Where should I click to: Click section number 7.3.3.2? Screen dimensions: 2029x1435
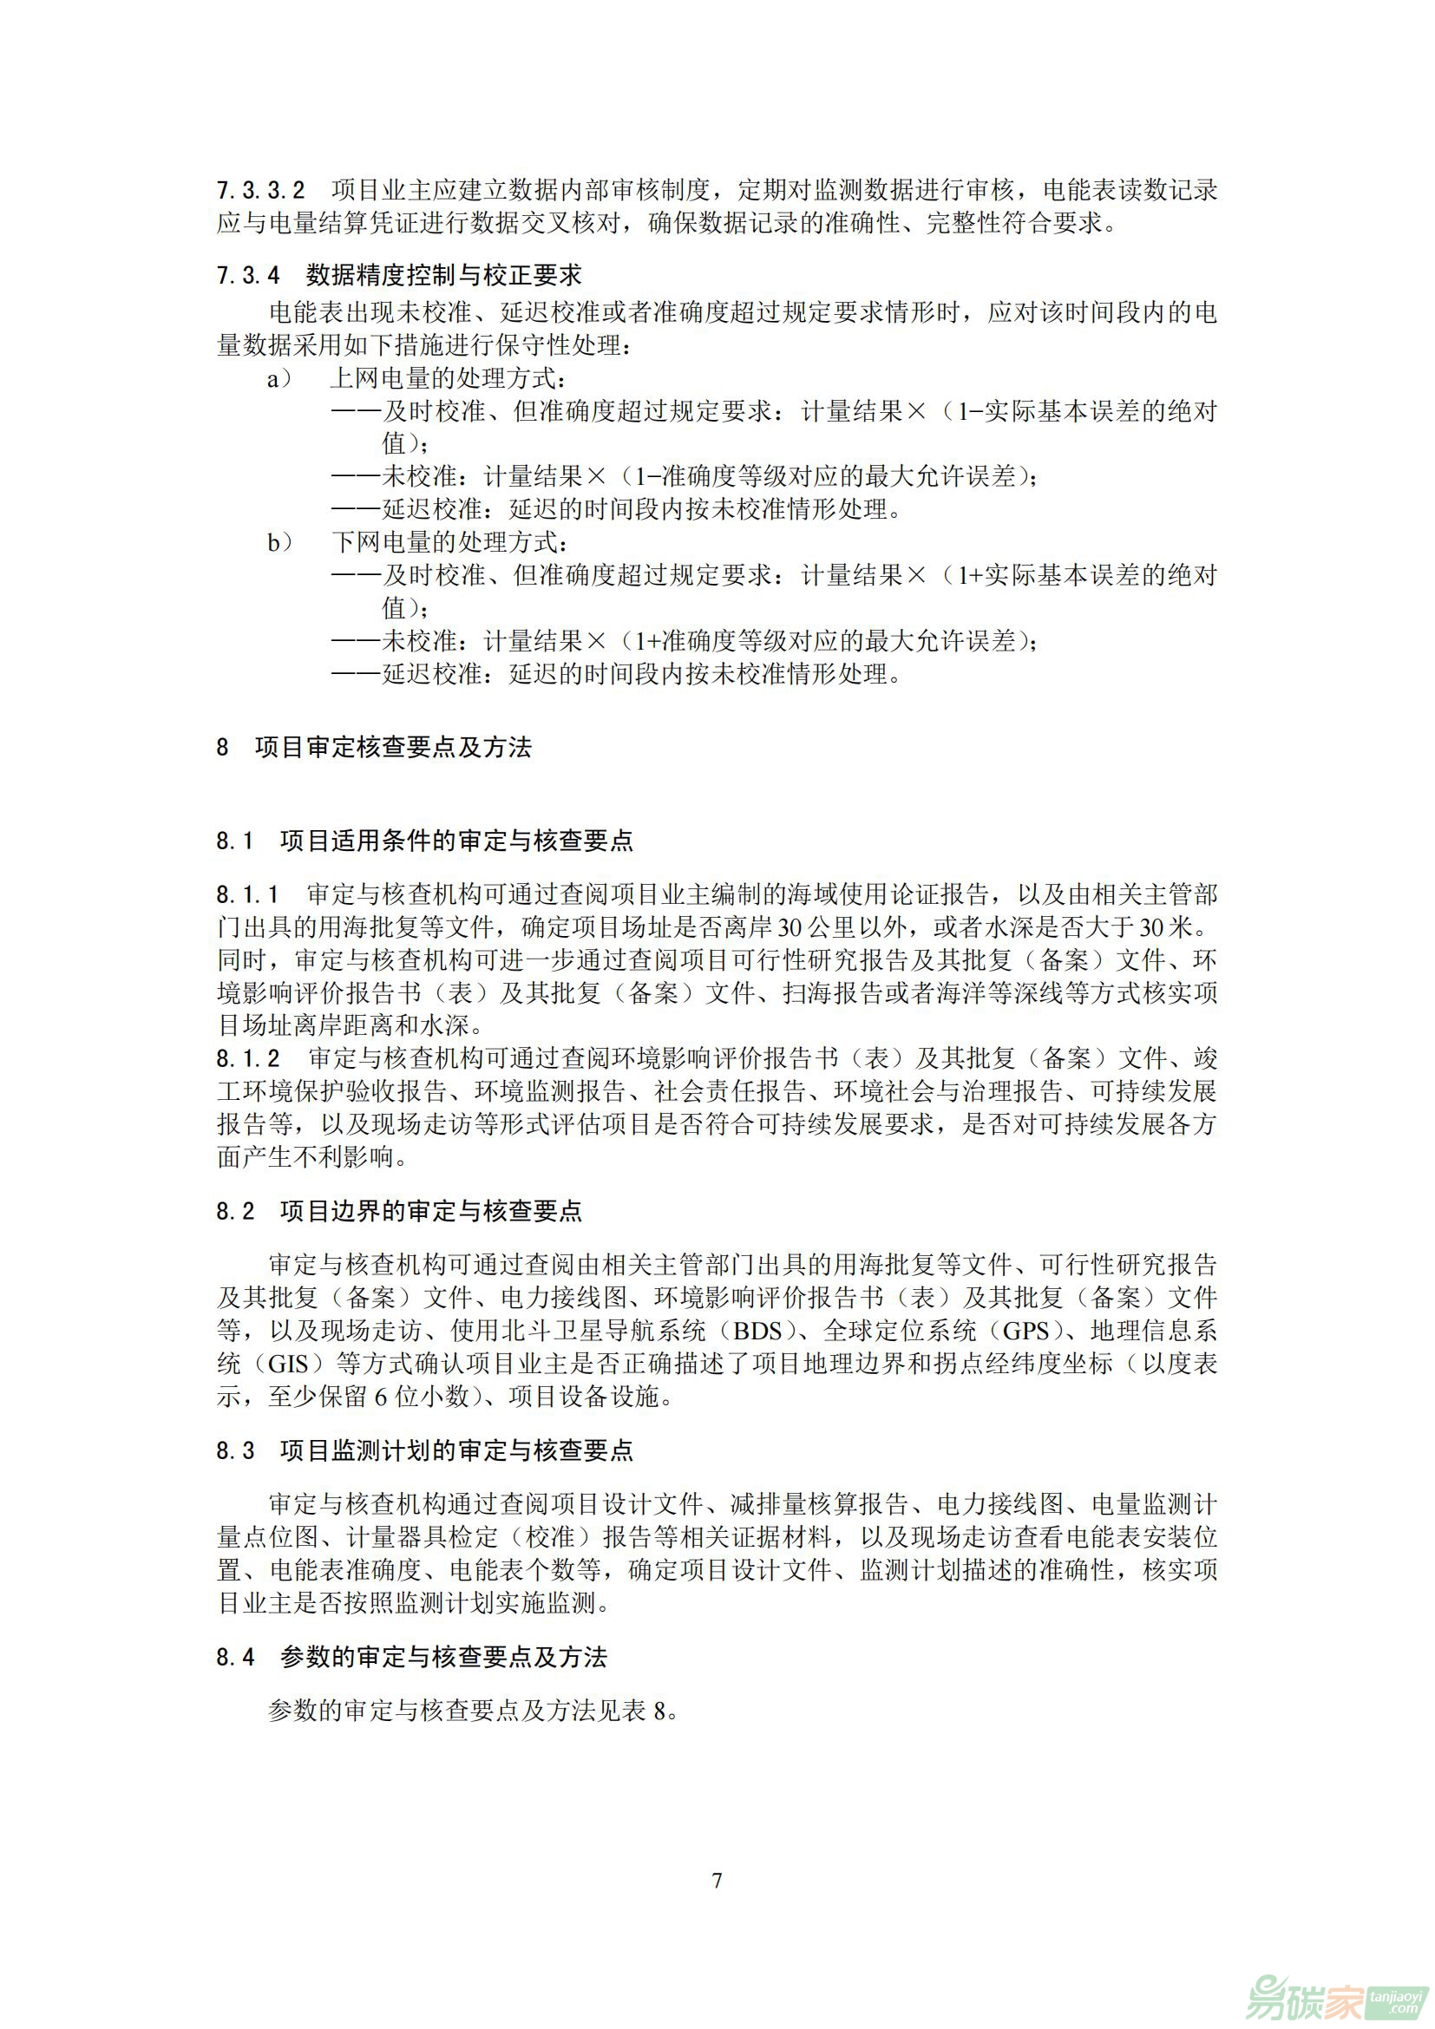(260, 190)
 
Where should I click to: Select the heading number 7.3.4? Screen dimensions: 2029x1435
(247, 276)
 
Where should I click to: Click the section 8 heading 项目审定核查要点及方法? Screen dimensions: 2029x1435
(393, 748)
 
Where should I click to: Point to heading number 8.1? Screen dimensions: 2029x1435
(235, 841)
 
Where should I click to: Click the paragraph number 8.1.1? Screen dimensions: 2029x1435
(247, 895)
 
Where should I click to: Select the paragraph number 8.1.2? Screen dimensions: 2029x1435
(248, 1058)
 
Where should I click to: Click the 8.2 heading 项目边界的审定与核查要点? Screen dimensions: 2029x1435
(431, 1211)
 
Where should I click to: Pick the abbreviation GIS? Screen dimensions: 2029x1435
(288, 1365)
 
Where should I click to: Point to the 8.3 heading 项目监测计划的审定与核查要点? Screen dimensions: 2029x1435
(456, 1451)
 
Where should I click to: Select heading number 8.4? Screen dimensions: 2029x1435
(235, 1657)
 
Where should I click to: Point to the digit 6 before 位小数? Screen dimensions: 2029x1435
(381, 1397)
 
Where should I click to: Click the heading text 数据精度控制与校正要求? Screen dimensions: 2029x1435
(443, 276)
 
